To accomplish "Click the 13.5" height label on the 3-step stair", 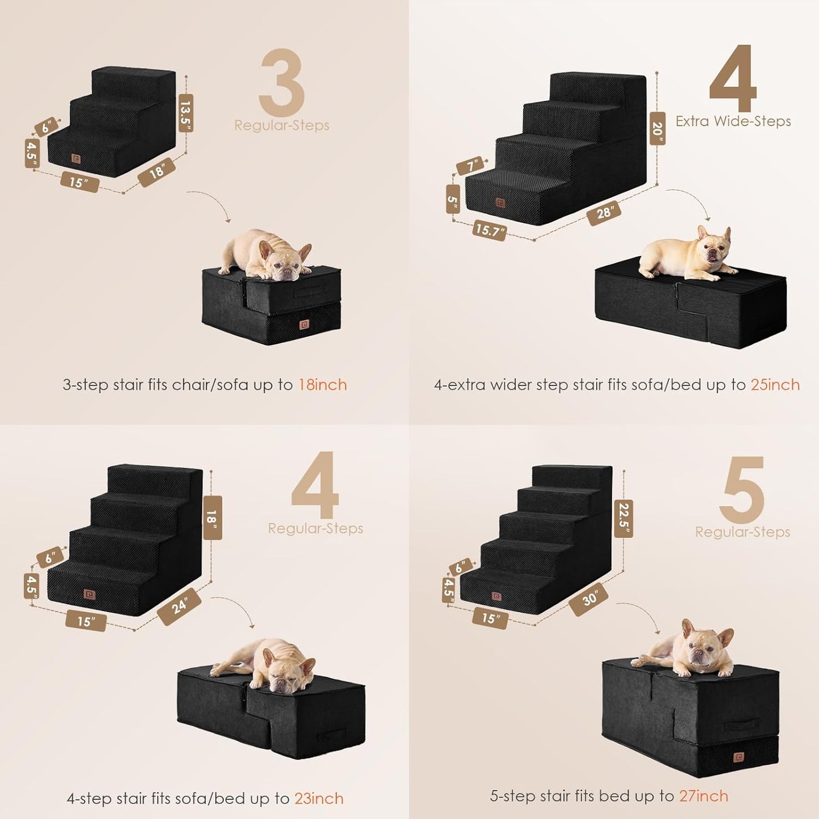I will point(186,113).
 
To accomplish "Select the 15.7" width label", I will point(489,230).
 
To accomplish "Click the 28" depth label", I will point(604,213).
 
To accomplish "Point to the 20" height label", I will point(657,129).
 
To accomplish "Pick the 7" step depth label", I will point(471,166).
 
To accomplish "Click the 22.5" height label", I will point(623,518).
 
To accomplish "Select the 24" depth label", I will point(179,606).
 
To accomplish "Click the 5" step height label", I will point(453,199).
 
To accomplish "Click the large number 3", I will point(282,83).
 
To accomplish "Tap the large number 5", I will point(742,490).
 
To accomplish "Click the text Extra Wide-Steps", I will point(733,121).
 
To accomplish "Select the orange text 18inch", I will point(322,385).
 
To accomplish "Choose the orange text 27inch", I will point(703,796).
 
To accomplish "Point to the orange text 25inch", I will point(775,385).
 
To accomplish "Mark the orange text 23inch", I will point(319,799).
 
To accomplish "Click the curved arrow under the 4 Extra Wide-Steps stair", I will point(689,205).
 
